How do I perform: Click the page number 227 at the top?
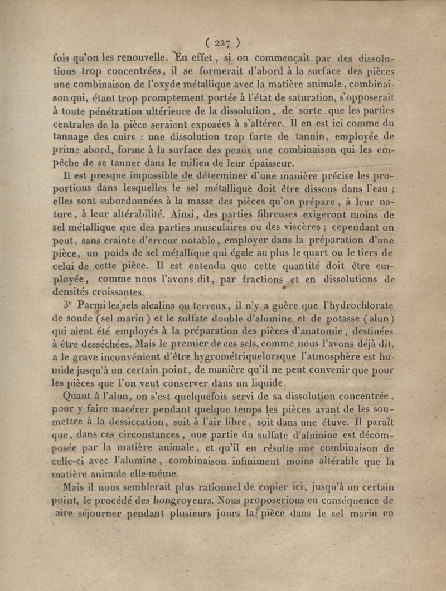(222, 43)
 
